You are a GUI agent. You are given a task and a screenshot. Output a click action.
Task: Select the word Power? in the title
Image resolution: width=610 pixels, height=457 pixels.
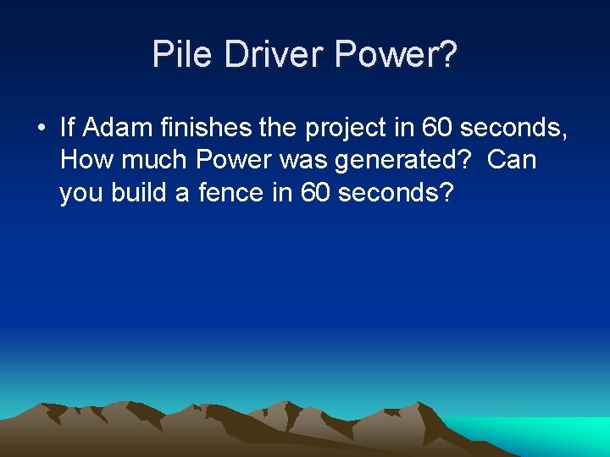[x=396, y=55]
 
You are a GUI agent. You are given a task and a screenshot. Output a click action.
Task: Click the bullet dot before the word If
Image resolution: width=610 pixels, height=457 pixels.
[x=41, y=129]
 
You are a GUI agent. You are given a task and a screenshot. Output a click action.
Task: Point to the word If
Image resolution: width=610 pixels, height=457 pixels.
[x=68, y=128]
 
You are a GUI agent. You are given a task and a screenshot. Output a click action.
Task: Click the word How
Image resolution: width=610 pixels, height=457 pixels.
[x=82, y=160]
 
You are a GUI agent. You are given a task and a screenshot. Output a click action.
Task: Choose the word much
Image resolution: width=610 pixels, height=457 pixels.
[x=153, y=160]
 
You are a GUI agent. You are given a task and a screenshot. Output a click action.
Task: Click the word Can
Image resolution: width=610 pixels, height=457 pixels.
[x=512, y=160]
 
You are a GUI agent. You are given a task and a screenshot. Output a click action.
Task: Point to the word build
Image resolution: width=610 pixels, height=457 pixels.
[x=151, y=192]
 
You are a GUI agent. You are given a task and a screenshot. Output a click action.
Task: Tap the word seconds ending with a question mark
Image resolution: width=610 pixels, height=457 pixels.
[x=396, y=192]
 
